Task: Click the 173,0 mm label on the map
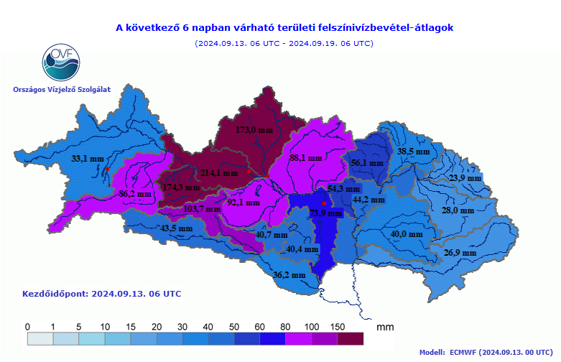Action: (x=255, y=130)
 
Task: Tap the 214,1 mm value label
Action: (x=219, y=173)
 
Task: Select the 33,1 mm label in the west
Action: (x=88, y=158)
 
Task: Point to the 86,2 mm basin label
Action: (x=135, y=194)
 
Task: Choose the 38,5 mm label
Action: (x=414, y=152)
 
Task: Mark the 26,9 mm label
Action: (x=460, y=253)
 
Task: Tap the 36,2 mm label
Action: (x=289, y=274)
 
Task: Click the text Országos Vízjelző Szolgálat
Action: (x=62, y=89)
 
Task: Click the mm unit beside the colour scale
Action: (x=384, y=328)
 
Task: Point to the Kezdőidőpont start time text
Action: (x=102, y=294)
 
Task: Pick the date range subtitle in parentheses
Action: (x=284, y=43)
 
